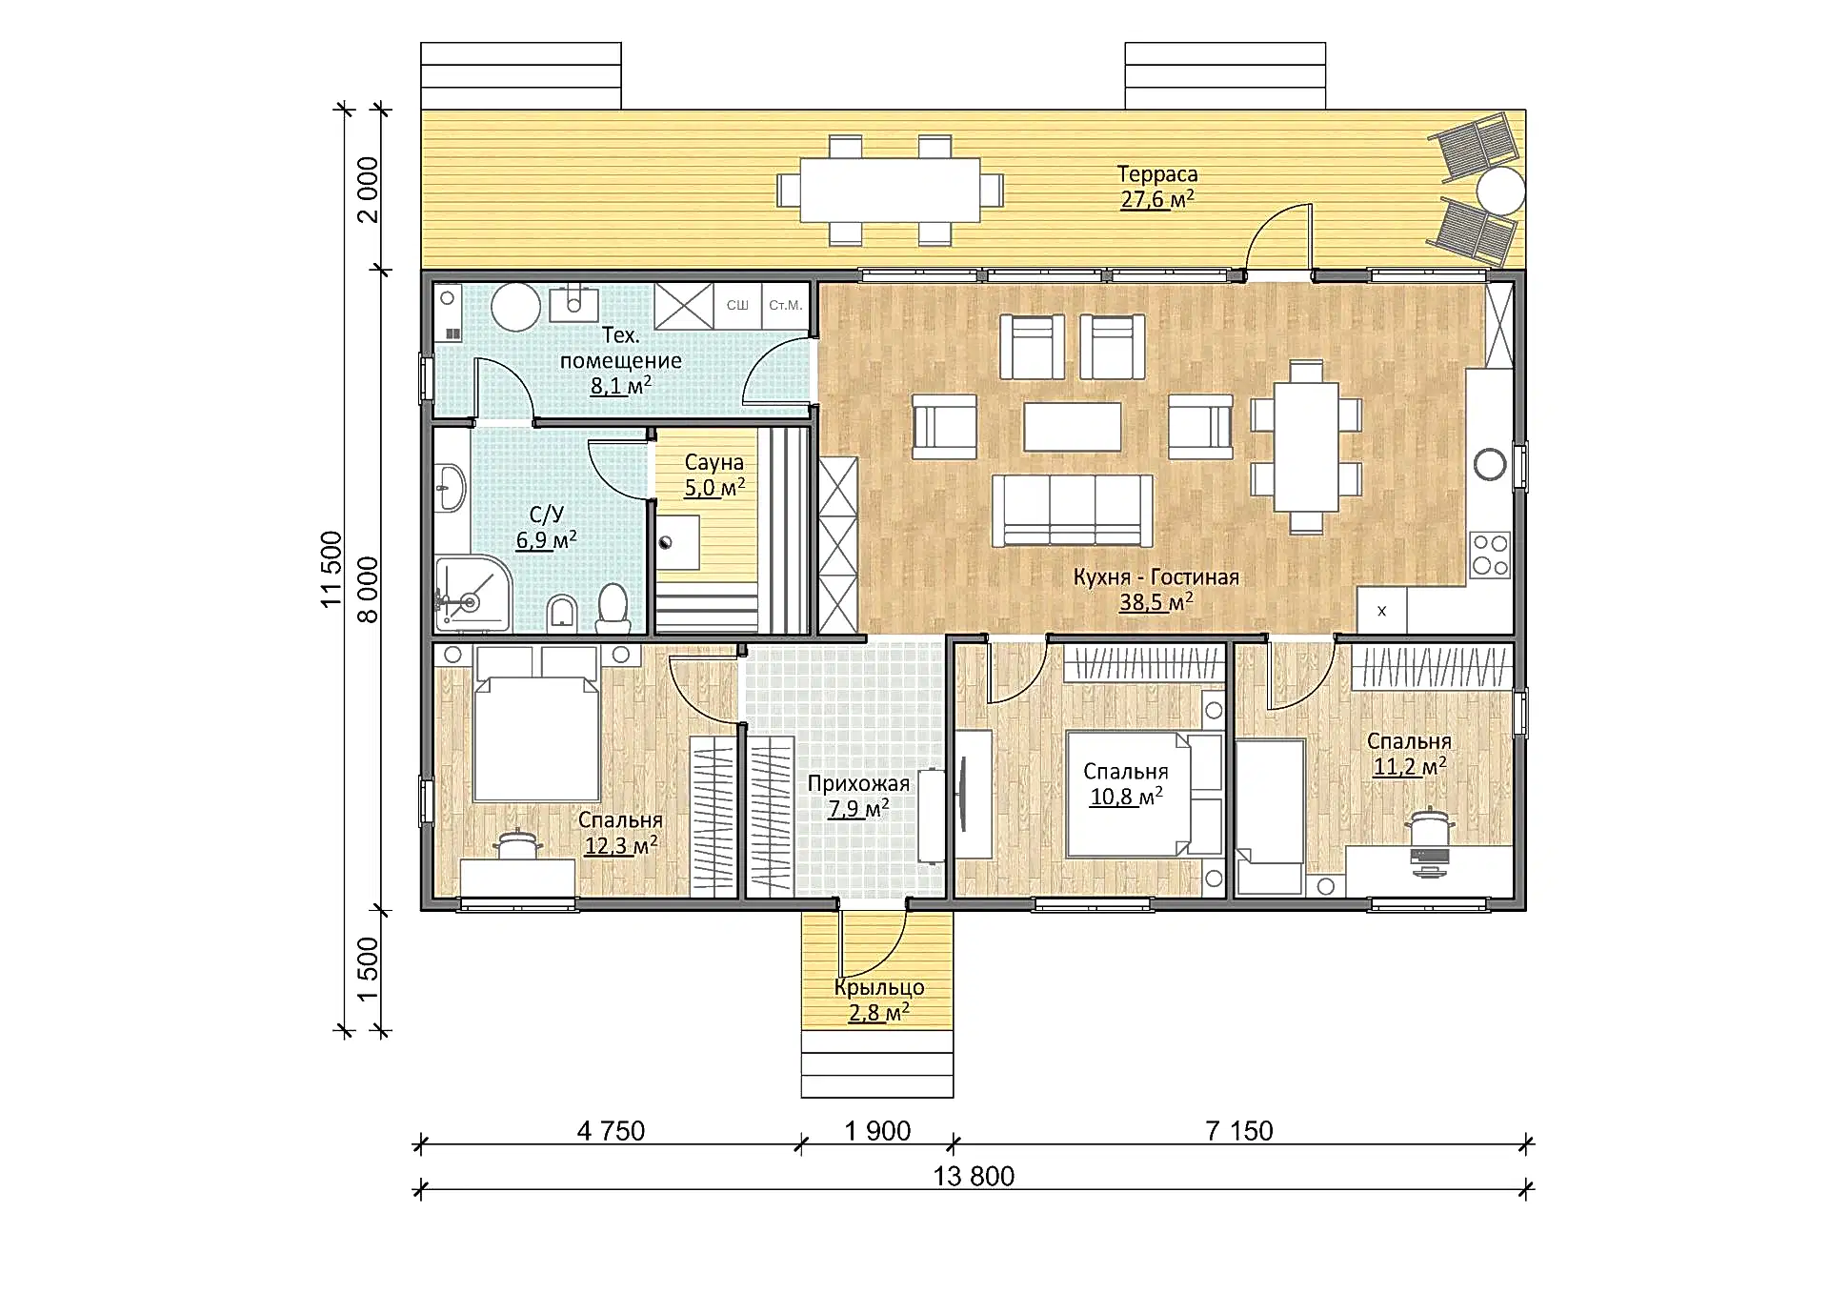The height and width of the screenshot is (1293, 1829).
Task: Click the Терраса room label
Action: click(x=1156, y=174)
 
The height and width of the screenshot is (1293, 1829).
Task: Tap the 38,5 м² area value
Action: click(x=1156, y=602)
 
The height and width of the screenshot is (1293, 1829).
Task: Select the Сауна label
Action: click(x=714, y=463)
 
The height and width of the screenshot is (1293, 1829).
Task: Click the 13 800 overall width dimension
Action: click(x=974, y=1176)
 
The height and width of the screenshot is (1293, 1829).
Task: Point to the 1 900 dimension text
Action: click(x=877, y=1131)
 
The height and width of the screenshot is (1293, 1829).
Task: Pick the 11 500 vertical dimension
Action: click(x=331, y=569)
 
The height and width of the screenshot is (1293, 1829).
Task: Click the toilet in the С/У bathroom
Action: click(x=613, y=608)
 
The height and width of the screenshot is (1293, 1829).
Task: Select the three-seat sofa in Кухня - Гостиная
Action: click(x=1072, y=511)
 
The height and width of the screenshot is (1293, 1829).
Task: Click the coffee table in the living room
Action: click(x=1072, y=427)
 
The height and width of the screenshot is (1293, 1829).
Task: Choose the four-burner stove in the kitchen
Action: click(x=1490, y=555)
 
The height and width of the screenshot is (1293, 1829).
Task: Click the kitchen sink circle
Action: click(x=1490, y=465)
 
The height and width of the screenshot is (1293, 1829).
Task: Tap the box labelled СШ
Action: click(x=737, y=306)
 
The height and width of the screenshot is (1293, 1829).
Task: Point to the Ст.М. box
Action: click(x=786, y=306)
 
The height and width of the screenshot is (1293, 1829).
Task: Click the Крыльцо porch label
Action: click(x=879, y=988)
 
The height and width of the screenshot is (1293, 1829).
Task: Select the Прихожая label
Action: click(x=858, y=784)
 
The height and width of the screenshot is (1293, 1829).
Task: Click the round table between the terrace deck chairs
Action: click(x=1500, y=191)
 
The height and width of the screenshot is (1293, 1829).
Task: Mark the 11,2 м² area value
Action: click(x=1409, y=766)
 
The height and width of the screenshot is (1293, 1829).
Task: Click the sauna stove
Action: click(x=677, y=543)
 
